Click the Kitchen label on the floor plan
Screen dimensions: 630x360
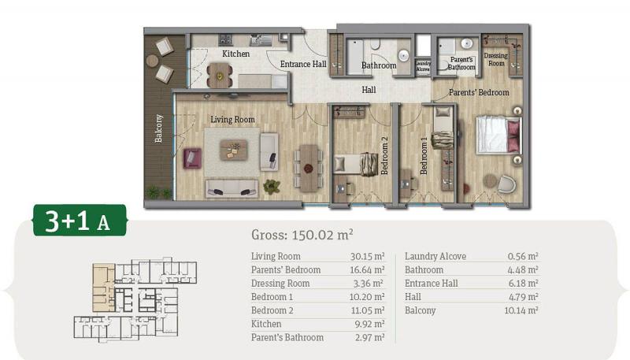point(235,54)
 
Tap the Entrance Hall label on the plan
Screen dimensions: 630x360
point(303,64)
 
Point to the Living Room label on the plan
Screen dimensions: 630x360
point(232,119)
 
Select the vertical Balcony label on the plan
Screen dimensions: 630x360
point(159,128)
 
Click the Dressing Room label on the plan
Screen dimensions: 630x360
point(496,59)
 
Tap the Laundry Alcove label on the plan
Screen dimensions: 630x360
point(423,66)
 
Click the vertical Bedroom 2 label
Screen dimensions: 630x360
point(384,156)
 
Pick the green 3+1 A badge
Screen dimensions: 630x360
point(80,221)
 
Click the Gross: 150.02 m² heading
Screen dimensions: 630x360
point(302,235)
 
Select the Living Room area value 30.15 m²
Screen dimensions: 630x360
point(367,256)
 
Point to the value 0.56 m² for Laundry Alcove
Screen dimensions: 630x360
point(523,256)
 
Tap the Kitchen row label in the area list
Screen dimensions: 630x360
point(266,324)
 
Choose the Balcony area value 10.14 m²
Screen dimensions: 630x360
point(521,310)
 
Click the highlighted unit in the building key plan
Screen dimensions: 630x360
point(104,288)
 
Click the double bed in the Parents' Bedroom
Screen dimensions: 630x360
point(498,135)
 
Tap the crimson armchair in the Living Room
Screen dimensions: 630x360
point(192,158)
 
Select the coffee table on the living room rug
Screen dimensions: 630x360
point(233,150)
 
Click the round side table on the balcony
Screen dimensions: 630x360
point(152,61)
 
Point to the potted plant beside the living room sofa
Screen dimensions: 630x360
point(272,186)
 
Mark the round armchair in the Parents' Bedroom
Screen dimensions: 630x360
point(506,184)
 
